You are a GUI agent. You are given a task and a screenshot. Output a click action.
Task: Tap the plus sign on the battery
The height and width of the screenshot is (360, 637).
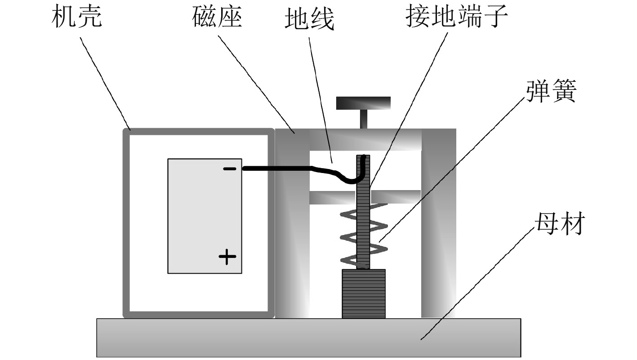tap(227, 257)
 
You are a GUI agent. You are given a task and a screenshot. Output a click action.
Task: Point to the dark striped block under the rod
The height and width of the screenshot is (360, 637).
tap(364, 294)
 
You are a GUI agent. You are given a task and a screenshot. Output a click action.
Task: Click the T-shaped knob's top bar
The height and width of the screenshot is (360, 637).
tap(363, 103)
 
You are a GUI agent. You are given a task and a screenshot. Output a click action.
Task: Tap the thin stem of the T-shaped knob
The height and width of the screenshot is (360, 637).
tap(363, 120)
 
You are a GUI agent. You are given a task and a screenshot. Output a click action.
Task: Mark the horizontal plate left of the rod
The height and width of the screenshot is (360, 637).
tap(332, 197)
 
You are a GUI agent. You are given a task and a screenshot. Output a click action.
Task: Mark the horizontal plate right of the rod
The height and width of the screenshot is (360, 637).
tap(396, 196)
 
